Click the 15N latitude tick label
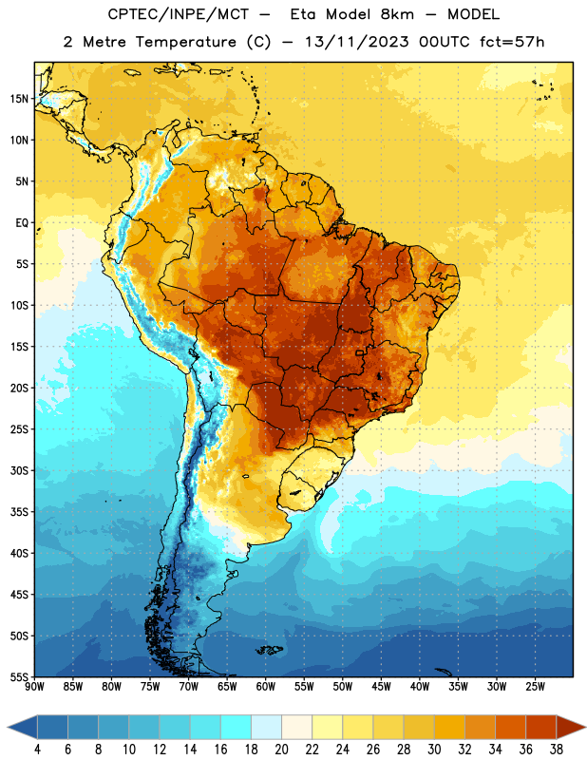pyautogui.click(x=19, y=99)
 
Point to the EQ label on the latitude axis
pyautogui.click(x=22, y=223)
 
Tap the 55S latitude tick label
pyautogui.click(x=19, y=676)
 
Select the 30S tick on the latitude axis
pyautogui.click(x=19, y=470)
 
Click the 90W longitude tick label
pyautogui.click(x=34, y=687)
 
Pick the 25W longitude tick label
pyautogui.click(x=535, y=687)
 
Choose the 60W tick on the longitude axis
pyautogui.click(x=266, y=687)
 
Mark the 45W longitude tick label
pyautogui.click(x=381, y=687)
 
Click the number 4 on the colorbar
pyautogui.click(x=37, y=750)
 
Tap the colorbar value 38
pyautogui.click(x=557, y=750)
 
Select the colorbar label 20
pyautogui.click(x=281, y=750)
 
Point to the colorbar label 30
pyautogui.click(x=434, y=750)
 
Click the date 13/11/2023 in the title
pyautogui.click(x=357, y=42)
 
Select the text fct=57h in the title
pyautogui.click(x=512, y=42)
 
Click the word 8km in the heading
pyautogui.click(x=397, y=14)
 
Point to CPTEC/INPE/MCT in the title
pyautogui.click(x=178, y=14)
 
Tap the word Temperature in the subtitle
pyautogui.click(x=185, y=42)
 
